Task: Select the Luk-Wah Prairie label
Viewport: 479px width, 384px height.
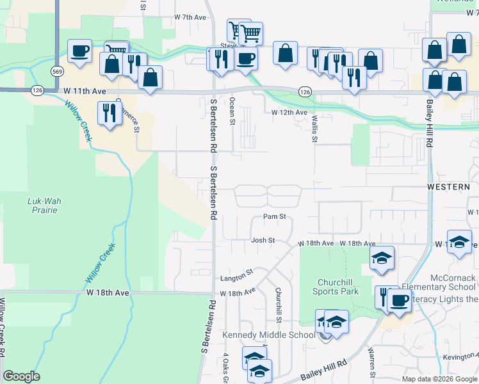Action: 44,205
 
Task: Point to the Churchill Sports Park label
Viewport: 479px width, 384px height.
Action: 336,286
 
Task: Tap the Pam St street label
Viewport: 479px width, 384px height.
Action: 274,217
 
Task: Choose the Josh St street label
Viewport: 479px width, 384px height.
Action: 263,241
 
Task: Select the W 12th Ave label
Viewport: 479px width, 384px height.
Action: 289,113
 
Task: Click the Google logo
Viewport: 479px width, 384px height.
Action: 21,376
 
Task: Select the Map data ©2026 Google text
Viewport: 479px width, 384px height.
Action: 439,379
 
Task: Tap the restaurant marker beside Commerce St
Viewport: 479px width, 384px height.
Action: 109,113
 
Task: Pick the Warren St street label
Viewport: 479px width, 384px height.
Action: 371,362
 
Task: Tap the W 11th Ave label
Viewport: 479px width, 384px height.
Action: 85,92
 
